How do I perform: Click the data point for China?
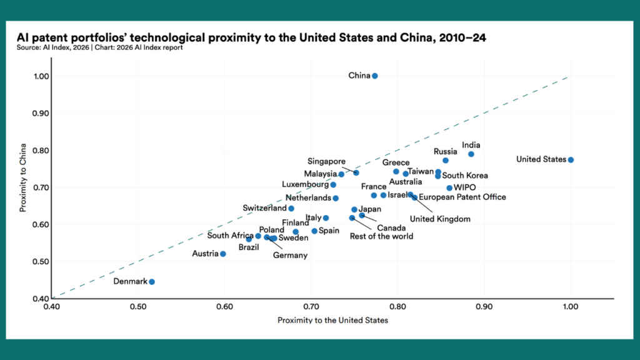pos(375,76)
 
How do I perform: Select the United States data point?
pos(571,160)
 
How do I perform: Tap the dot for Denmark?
pos(152,282)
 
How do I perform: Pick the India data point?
pos(471,154)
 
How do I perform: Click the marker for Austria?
pos(223,254)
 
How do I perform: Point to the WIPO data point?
pos(449,188)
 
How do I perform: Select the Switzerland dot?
pos(291,208)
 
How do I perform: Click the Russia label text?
pos(446,151)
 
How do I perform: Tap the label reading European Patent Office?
pos(462,197)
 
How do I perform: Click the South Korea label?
pos(465,176)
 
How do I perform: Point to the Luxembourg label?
pos(306,185)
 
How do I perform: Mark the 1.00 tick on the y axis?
pos(41,76)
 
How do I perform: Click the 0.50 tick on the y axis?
pos(41,261)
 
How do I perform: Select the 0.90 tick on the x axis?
pos(484,307)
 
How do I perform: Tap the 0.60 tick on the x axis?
pos(224,307)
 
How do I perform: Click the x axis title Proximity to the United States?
pos(332,320)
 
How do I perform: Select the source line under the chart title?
pos(100,47)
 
